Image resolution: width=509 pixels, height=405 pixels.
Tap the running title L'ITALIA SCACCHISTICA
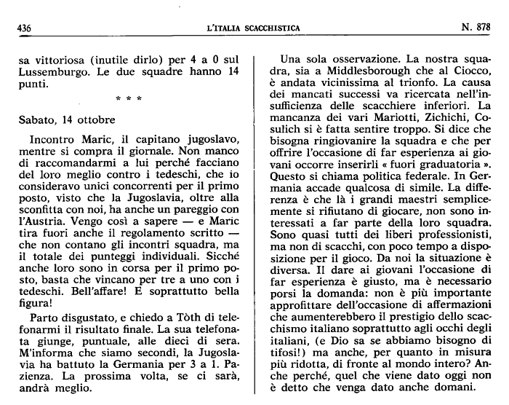click(253, 28)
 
